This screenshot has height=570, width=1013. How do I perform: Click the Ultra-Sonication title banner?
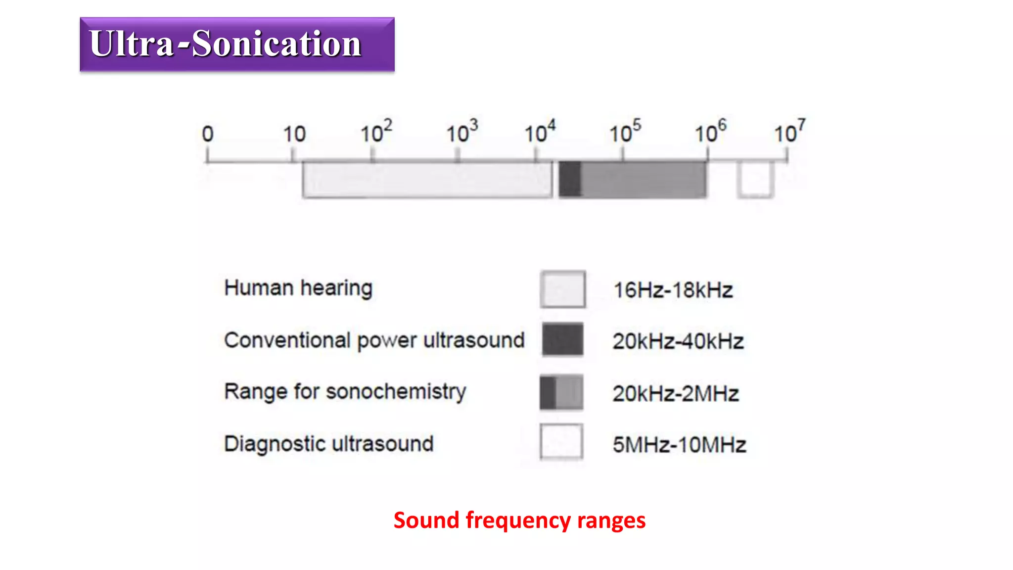(237, 45)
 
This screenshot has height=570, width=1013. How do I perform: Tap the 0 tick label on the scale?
(208, 134)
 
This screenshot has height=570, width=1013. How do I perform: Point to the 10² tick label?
(376, 132)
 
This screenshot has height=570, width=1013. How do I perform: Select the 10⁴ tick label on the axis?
(540, 132)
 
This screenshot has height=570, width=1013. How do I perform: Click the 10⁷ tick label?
(789, 132)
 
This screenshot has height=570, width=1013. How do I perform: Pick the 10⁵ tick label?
(625, 132)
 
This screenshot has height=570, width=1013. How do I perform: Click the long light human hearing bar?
(427, 180)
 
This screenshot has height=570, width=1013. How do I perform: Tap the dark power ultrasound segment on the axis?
(570, 179)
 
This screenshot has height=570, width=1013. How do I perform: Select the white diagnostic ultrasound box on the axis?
(755, 179)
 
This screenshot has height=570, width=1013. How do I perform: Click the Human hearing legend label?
(298, 288)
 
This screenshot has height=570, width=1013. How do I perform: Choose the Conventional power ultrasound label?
(374, 340)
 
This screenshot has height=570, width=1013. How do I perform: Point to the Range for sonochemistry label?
(345, 392)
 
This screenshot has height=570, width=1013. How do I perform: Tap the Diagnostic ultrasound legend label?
(329, 444)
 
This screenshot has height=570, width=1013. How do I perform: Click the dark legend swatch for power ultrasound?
(562, 339)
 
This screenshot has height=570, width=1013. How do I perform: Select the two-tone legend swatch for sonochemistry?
(561, 392)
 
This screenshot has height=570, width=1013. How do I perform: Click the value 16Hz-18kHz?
(673, 290)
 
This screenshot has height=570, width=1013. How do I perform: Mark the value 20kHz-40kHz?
(678, 341)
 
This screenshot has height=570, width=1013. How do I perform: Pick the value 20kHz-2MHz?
(676, 394)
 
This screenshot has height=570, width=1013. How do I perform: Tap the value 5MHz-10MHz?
(679, 445)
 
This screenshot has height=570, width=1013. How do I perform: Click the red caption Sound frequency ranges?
(519, 521)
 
